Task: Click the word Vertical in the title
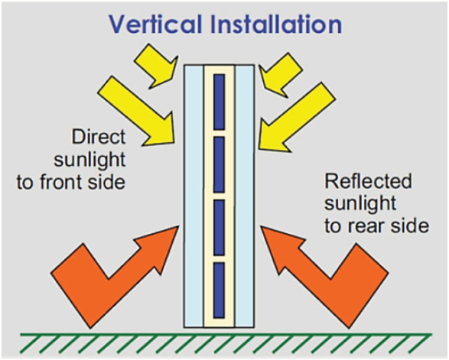click(x=156, y=24)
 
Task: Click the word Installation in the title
click(x=276, y=24)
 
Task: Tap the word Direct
click(x=99, y=137)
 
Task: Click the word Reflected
click(x=368, y=181)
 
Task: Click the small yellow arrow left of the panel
click(x=156, y=66)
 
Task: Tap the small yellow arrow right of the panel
click(x=280, y=75)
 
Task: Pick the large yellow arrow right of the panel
click(x=296, y=118)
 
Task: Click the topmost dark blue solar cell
click(x=219, y=102)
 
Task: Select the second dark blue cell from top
click(x=219, y=164)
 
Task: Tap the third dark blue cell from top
click(x=219, y=228)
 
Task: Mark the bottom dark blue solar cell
click(x=219, y=290)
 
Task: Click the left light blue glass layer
click(x=194, y=196)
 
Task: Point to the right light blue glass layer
click(x=245, y=196)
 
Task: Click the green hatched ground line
click(x=226, y=343)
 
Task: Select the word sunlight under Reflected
click(x=360, y=204)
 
